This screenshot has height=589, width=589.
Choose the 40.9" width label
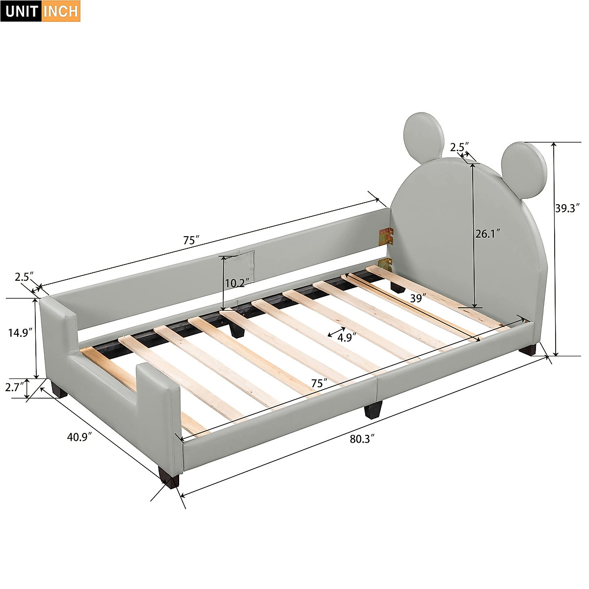[80, 436]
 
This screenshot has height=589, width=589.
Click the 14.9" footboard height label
[21, 332]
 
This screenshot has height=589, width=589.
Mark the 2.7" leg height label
[15, 387]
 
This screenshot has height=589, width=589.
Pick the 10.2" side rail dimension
[237, 283]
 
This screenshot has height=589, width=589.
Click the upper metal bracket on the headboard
[386, 236]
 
